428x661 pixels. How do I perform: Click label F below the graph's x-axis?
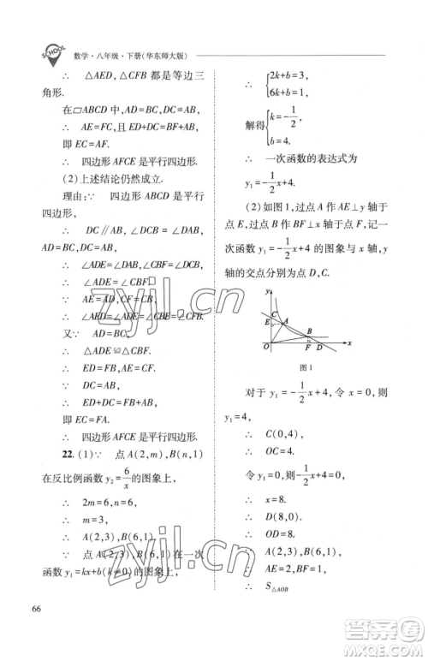point(307,348)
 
